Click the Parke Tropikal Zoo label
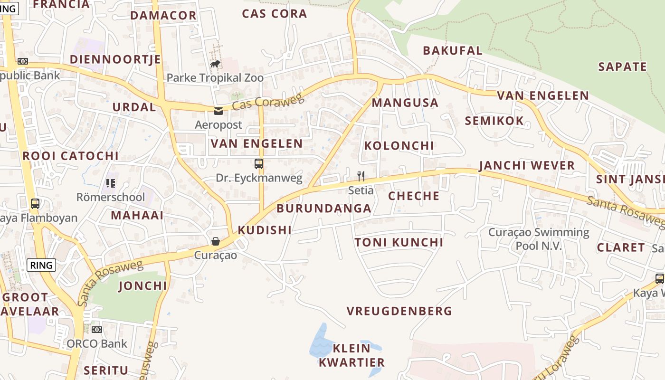[215, 77]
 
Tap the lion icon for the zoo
[215, 64]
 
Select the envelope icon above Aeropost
[218, 111]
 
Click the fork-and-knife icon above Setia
[361, 177]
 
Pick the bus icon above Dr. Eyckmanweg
[259, 164]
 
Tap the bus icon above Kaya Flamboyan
[35, 204]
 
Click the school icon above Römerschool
[111, 183]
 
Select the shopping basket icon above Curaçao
[216, 241]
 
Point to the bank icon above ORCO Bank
[97, 330]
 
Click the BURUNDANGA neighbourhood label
[324, 209]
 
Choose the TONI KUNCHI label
[399, 243]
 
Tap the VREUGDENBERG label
[399, 312]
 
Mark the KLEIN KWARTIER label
[351, 355]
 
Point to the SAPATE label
[622, 67]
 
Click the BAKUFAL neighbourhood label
[452, 50]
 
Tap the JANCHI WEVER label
[527, 166]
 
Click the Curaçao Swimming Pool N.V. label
[539, 239]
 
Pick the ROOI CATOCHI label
[70, 156]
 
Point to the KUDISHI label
[265, 230]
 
